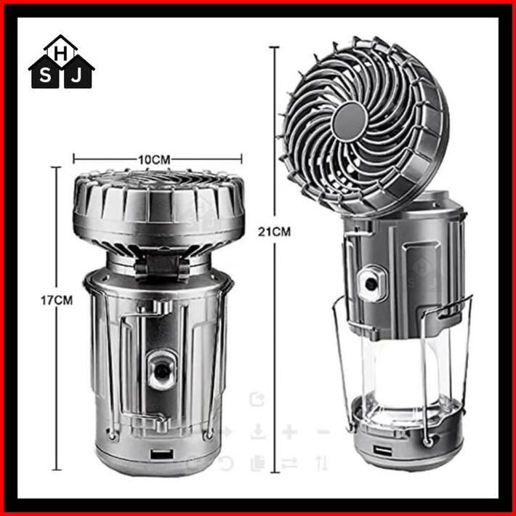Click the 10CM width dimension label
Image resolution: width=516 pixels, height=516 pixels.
pos(154,160)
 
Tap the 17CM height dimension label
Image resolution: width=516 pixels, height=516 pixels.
pos(57,300)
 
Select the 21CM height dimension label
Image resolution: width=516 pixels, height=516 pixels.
pos(274,232)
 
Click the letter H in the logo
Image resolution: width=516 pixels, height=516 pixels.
pos(61,55)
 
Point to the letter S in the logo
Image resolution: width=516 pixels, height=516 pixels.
pos(45,76)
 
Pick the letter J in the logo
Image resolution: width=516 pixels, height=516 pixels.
pos(76,76)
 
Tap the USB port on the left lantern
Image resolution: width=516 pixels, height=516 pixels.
pos(162,454)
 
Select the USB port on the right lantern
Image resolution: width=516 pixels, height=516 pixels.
pos(382,450)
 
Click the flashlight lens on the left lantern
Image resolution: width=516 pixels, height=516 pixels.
pos(161,370)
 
